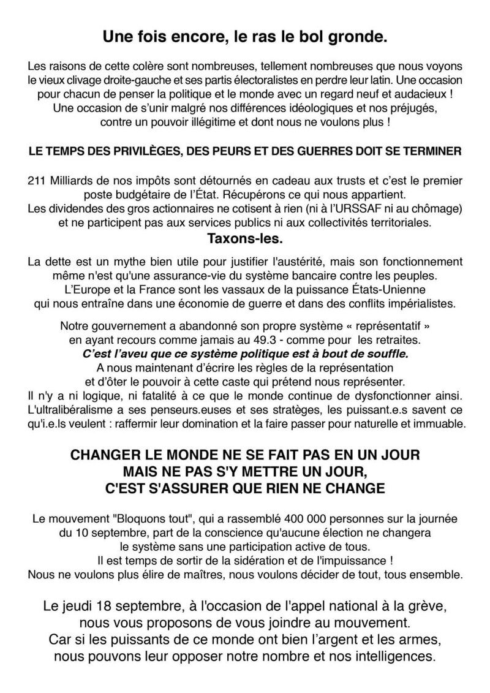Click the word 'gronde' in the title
click(x=360, y=37)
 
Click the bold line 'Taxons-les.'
click(x=244, y=237)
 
